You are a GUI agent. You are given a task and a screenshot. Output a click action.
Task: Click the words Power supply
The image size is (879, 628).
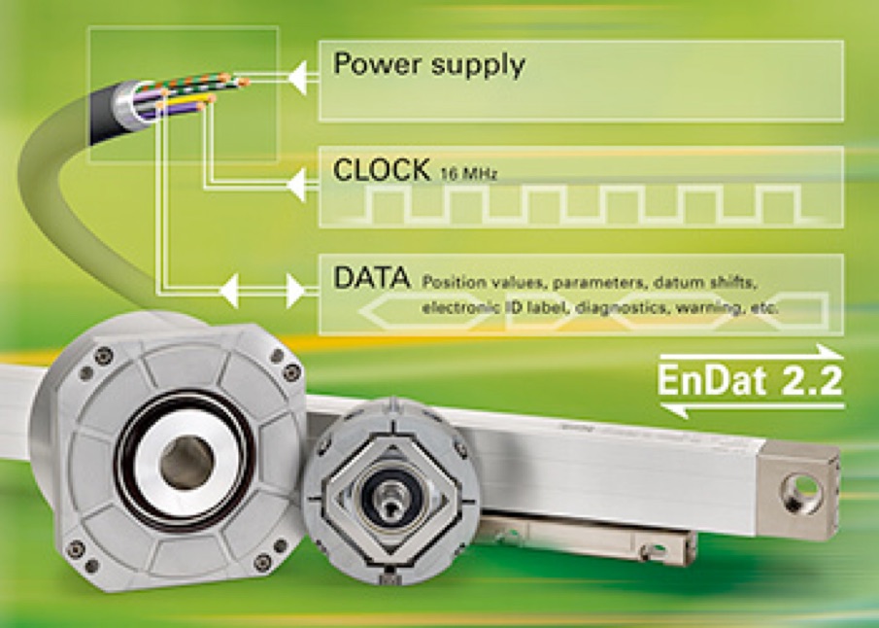coord(428,66)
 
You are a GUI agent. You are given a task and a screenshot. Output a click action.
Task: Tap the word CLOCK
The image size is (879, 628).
coord(381,170)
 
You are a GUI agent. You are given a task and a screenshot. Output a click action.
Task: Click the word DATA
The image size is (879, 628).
coord(371,278)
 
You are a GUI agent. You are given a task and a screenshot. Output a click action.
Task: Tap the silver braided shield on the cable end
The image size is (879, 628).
coord(125,104)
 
